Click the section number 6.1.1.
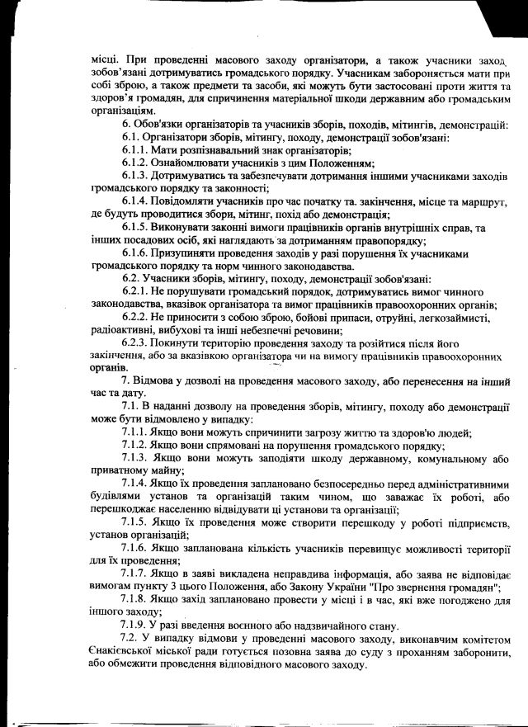click(x=134, y=150)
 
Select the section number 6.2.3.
click(x=134, y=342)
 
